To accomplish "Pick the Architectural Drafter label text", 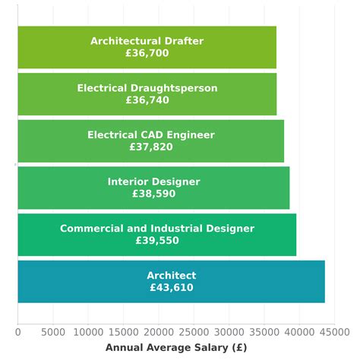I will tap(147, 41).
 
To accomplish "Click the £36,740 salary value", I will tap(147, 100).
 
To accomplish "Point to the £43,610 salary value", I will tap(172, 288).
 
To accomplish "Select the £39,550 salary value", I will tap(157, 241).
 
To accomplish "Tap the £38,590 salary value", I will tap(153, 194).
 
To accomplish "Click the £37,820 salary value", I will tap(151, 147).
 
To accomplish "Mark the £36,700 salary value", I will tap(147, 53).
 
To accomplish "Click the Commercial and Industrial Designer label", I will tap(157, 229).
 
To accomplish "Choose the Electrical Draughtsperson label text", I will tap(147, 88).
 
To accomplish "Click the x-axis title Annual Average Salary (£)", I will tap(176, 348).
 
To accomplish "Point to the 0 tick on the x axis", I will tap(18, 332).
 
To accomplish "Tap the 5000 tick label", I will tap(53, 332).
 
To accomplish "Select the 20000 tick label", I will tap(159, 332).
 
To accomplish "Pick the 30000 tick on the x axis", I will tap(229, 332).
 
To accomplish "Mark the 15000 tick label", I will tap(123, 332).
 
